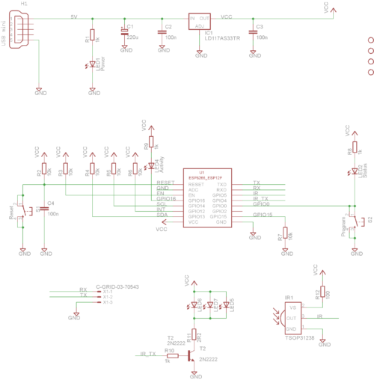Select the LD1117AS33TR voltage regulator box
point(200,24)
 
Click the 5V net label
point(73,16)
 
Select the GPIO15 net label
point(263,215)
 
